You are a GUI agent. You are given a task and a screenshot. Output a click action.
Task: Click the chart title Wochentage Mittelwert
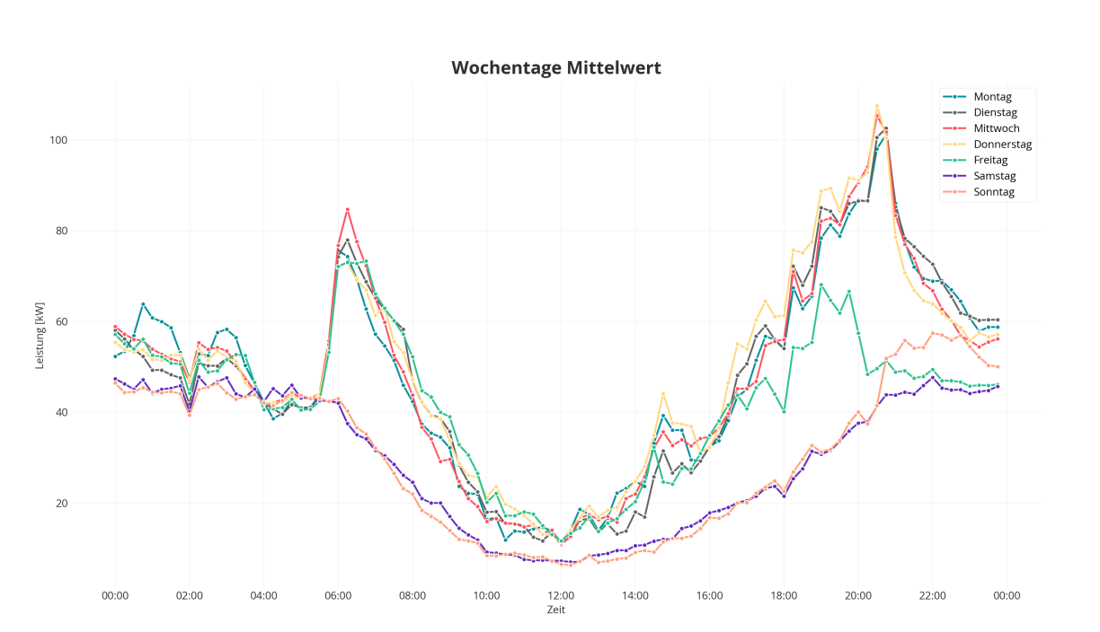(555, 68)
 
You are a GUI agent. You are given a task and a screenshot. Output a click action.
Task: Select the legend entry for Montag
(992, 97)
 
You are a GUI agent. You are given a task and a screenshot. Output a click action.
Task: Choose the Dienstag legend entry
(996, 112)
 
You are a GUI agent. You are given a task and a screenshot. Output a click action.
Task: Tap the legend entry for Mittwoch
(997, 128)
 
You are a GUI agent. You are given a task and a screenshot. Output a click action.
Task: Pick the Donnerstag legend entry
(1002, 145)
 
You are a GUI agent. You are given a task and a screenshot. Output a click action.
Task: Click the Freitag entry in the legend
(993, 160)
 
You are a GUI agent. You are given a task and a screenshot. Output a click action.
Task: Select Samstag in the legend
(995, 176)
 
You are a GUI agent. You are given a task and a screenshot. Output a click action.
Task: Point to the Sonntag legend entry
(994, 192)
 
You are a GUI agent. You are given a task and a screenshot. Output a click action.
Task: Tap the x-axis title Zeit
(556, 610)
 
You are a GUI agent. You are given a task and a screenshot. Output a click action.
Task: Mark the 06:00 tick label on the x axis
(338, 594)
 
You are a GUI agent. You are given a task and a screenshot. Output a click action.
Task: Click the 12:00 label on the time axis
(561, 594)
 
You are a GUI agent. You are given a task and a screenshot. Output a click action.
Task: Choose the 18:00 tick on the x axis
(784, 594)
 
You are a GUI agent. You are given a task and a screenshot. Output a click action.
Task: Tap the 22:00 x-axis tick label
(932, 594)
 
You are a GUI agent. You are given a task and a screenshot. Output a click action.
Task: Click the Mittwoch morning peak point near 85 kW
(347, 210)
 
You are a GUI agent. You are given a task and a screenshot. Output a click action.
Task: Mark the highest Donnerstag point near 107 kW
(877, 107)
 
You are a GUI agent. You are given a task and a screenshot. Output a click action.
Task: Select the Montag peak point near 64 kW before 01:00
(143, 304)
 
